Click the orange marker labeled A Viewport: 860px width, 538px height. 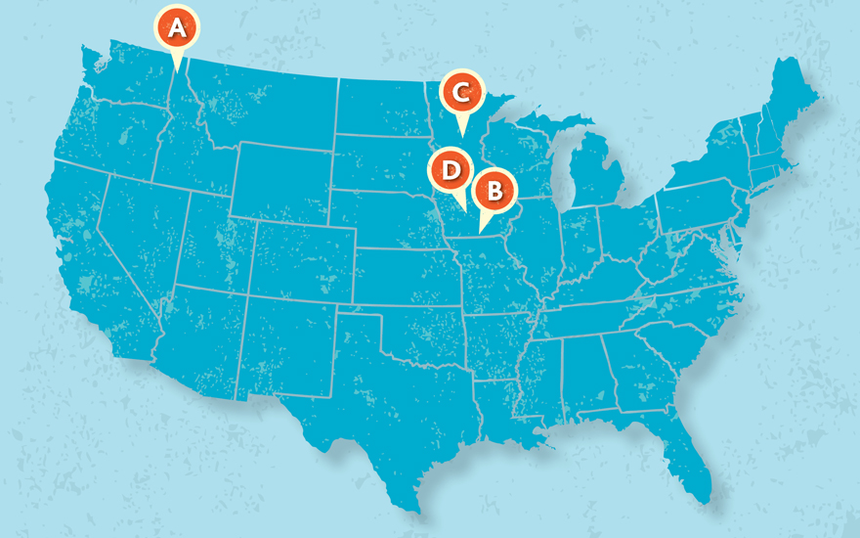coord(176,28)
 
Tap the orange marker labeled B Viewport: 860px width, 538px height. coord(494,190)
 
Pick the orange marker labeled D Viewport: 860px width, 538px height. coord(450,170)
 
